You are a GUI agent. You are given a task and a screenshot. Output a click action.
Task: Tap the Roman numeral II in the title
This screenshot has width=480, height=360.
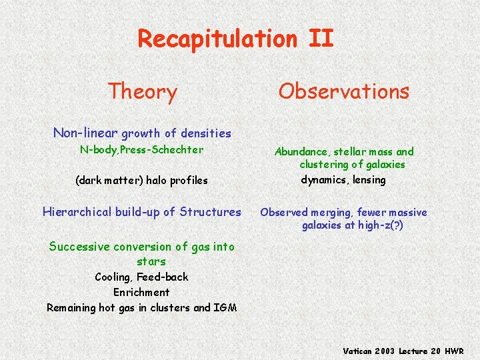pos(321,39)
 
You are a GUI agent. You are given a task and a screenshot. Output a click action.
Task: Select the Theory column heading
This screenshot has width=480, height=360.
pos(142,91)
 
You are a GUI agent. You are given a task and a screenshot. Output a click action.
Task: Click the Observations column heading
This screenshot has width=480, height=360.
pos(343,91)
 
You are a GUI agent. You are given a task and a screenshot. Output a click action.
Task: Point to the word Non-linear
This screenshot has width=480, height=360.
pos(85,133)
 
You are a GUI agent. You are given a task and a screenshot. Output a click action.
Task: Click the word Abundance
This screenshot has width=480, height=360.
pos(301,152)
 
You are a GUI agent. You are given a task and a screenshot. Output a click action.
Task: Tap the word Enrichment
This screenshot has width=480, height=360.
pos(141,292)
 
